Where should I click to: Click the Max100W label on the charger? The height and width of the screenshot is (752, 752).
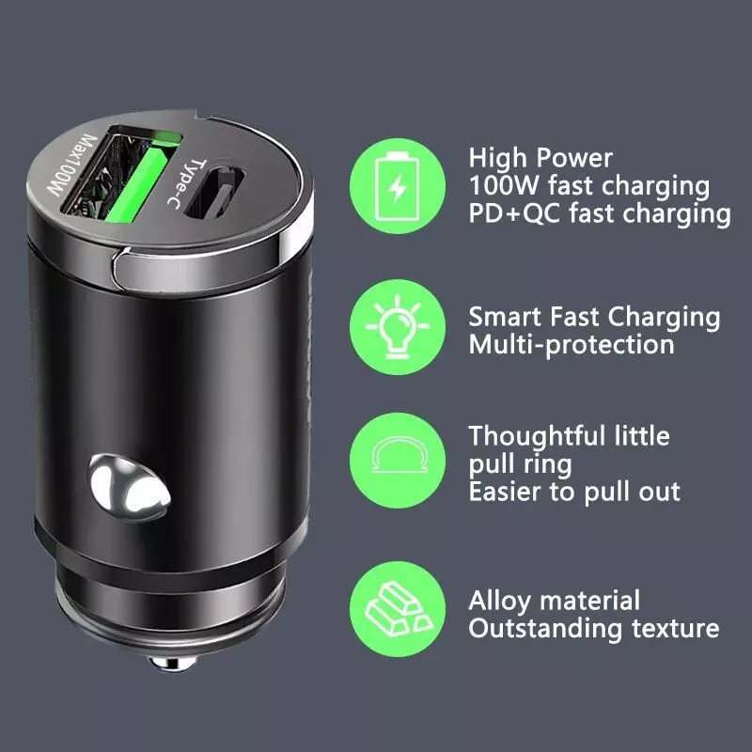click(72, 164)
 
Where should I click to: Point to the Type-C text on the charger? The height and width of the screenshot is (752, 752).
click(185, 183)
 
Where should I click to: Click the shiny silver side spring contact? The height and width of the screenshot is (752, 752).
click(129, 488)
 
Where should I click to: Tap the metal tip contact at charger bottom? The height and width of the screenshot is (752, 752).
click(172, 663)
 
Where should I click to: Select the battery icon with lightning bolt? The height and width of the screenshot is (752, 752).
click(397, 186)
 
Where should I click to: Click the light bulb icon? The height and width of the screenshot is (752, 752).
click(397, 327)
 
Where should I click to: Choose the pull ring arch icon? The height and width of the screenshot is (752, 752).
click(399, 456)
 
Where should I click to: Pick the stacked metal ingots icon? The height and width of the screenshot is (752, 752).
click(398, 608)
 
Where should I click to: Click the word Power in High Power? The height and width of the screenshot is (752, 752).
click(574, 158)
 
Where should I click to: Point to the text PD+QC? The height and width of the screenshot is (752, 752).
click(514, 213)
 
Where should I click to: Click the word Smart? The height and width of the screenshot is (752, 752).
click(505, 317)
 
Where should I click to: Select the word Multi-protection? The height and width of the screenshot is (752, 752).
click(572, 345)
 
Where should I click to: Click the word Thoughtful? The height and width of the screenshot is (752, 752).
click(537, 435)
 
